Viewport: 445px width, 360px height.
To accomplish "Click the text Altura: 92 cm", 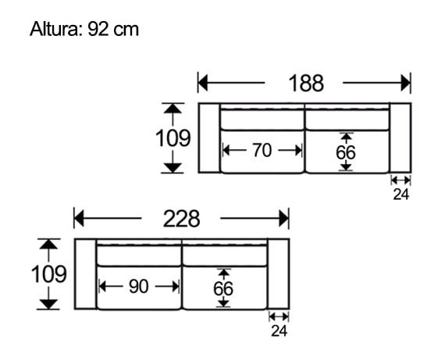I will point(84,30).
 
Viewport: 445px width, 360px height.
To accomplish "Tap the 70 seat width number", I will point(262,151).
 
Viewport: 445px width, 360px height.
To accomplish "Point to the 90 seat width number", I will point(138,287).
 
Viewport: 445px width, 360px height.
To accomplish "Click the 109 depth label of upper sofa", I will point(173,138).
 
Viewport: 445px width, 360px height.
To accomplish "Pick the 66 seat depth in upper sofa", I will point(346,152).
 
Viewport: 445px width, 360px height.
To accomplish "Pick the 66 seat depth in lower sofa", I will point(223,288).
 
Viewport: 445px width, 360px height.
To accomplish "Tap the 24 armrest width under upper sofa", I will point(400,195).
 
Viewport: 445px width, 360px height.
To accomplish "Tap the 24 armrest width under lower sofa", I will point(279,331).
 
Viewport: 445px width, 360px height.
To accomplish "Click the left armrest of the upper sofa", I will point(208,138).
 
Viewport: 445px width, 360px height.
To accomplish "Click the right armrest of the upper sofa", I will point(400,138).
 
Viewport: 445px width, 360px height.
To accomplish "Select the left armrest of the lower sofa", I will point(85,274).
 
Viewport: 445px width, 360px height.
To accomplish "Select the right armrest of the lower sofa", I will point(278,274).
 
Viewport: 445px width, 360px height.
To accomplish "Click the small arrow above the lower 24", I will point(279,316).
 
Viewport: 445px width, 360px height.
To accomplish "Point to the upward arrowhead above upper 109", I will point(173,109).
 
